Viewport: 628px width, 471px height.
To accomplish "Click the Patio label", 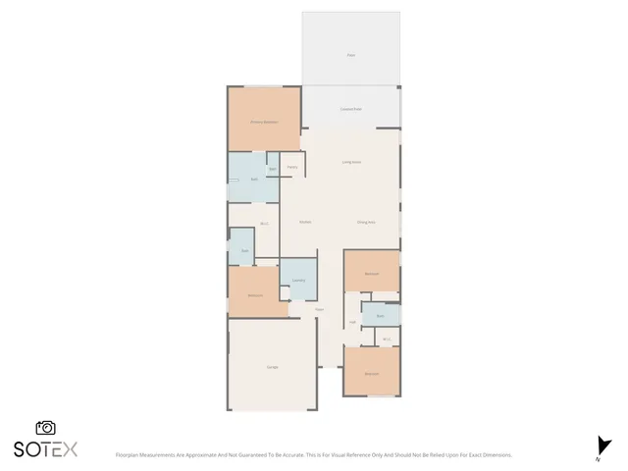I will [x=350, y=55].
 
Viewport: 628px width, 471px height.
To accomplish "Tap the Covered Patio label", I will [x=350, y=109].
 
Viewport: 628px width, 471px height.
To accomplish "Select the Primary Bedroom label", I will [x=263, y=122].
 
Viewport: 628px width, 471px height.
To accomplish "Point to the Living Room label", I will [x=351, y=161].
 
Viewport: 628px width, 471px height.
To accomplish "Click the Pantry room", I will [x=291, y=167].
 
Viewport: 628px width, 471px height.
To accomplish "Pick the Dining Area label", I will [x=366, y=223].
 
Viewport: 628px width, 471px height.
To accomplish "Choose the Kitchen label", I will [x=305, y=223].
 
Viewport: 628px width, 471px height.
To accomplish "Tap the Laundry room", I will [x=298, y=280].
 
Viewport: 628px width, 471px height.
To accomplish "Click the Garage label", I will [x=272, y=367].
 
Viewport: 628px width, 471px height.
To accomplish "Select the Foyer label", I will [x=320, y=311].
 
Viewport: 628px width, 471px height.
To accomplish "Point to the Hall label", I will [x=351, y=322].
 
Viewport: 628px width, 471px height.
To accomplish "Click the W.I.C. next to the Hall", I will [x=388, y=340].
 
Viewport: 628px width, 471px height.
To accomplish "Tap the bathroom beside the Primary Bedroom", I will [x=254, y=180].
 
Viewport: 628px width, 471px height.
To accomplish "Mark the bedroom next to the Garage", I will [x=255, y=295].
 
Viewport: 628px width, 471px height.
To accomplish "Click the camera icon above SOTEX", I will [x=45, y=428].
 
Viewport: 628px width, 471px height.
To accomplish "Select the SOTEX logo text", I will [x=45, y=449].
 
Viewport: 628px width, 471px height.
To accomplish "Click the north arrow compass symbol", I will [x=602, y=446].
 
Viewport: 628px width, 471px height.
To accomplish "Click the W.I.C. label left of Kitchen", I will [x=264, y=225].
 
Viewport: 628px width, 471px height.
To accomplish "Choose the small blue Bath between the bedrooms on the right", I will [x=379, y=316].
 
